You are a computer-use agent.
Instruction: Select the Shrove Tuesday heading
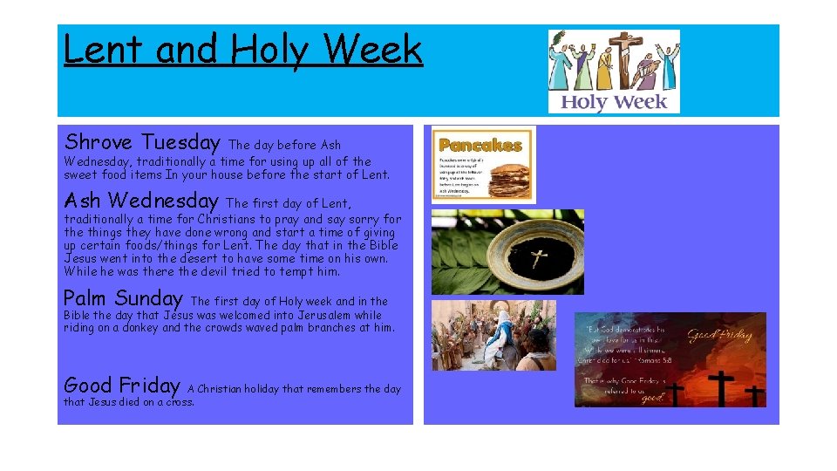coord(142,141)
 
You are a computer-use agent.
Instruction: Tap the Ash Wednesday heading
coord(140,200)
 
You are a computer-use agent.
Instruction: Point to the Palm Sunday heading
coord(123,298)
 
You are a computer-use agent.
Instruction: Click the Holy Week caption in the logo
coord(613,102)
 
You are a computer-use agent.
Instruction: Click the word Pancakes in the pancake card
coord(480,145)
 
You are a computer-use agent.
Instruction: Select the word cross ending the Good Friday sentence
coord(179,402)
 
